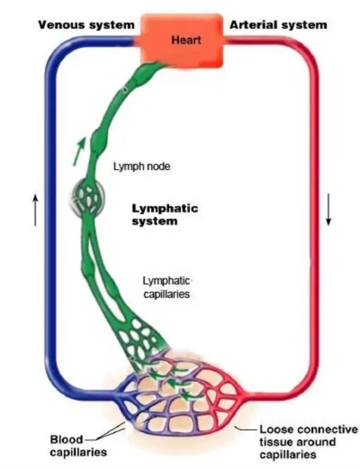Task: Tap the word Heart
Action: pos(185,40)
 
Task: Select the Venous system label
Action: pos(86,24)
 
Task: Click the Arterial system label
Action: pos(278,24)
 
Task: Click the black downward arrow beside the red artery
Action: pos(328,209)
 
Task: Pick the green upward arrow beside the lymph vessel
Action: pos(79,151)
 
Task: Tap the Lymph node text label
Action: pos(142,167)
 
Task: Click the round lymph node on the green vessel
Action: pos(89,197)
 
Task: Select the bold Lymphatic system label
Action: pos(165,215)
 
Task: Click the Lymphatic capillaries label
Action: pos(166,288)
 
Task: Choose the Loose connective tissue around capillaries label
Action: pos(308,442)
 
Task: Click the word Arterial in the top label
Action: pos(252,24)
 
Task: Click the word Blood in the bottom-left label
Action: pos(67,439)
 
